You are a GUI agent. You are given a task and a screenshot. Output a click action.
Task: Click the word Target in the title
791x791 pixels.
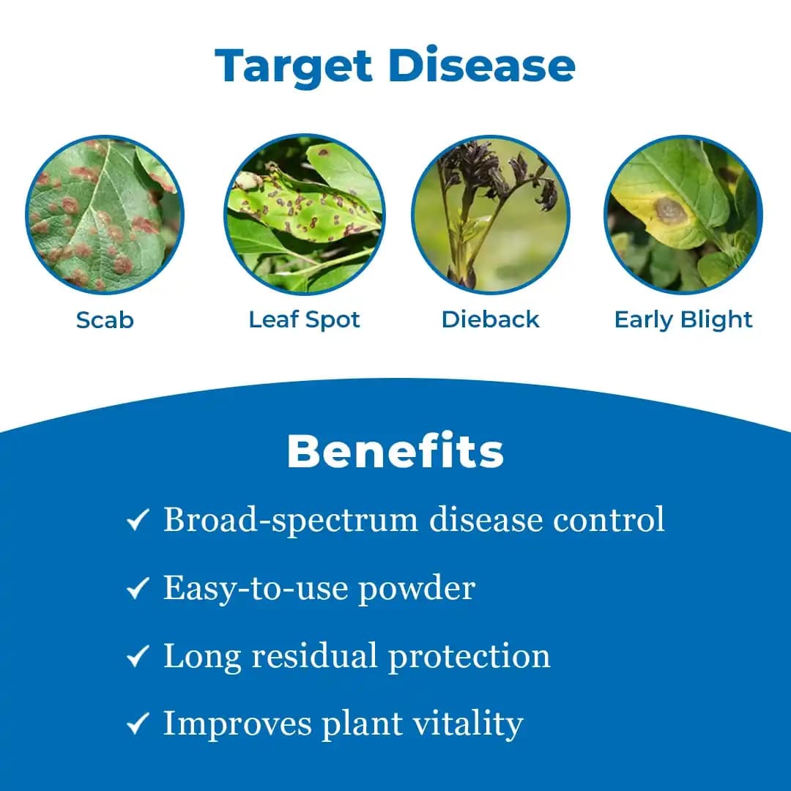(294, 66)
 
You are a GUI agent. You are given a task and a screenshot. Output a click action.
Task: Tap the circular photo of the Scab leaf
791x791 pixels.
(105, 215)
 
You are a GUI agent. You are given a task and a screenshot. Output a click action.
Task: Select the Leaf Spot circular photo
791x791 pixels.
(304, 215)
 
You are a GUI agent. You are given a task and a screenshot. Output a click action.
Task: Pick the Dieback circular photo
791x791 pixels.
(490, 215)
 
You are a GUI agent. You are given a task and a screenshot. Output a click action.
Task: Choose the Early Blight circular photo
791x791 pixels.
(683, 215)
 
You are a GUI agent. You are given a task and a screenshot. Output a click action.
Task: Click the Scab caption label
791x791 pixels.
(105, 320)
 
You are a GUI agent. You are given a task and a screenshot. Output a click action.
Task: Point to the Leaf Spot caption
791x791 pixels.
(304, 320)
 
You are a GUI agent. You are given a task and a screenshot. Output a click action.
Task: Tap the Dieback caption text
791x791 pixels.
(490, 320)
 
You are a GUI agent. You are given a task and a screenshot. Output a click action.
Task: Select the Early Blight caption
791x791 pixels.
(683, 320)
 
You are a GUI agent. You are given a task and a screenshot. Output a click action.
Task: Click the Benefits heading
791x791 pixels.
(395, 451)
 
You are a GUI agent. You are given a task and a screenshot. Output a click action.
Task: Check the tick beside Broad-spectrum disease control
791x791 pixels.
(138, 521)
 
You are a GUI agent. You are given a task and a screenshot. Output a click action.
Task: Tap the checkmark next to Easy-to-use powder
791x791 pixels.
(138, 589)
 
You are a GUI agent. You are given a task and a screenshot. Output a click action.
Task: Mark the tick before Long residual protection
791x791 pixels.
(138, 657)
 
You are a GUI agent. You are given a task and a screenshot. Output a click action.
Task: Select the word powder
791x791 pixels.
(416, 589)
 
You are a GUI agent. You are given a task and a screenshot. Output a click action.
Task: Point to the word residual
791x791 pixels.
(319, 656)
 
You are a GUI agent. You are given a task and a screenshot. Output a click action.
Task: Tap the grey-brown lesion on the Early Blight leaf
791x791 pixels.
(669, 211)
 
